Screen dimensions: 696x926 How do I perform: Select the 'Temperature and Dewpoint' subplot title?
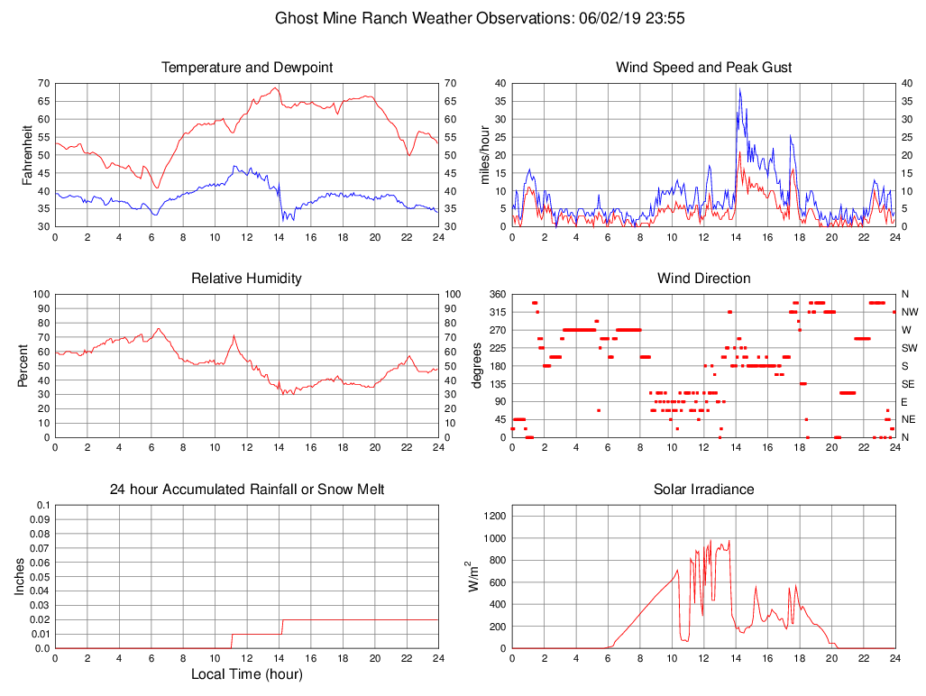[247, 68]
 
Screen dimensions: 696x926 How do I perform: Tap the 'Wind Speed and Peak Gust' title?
[703, 68]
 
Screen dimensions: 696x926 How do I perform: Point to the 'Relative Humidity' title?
[247, 279]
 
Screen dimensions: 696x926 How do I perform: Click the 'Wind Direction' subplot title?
[703, 279]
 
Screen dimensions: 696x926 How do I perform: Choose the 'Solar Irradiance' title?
[703, 490]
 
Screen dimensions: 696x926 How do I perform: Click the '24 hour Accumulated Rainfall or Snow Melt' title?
[247, 490]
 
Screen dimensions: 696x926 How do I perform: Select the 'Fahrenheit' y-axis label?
[26, 154]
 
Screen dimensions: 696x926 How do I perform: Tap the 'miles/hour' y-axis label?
[483, 154]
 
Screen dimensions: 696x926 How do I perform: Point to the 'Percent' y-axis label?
[26, 365]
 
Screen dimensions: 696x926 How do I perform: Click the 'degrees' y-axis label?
[478, 365]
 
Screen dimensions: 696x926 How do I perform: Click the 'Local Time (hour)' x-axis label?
[247, 674]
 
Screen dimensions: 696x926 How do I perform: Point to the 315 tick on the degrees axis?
[496, 312]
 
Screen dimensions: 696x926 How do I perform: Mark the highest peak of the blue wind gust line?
[739, 88]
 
